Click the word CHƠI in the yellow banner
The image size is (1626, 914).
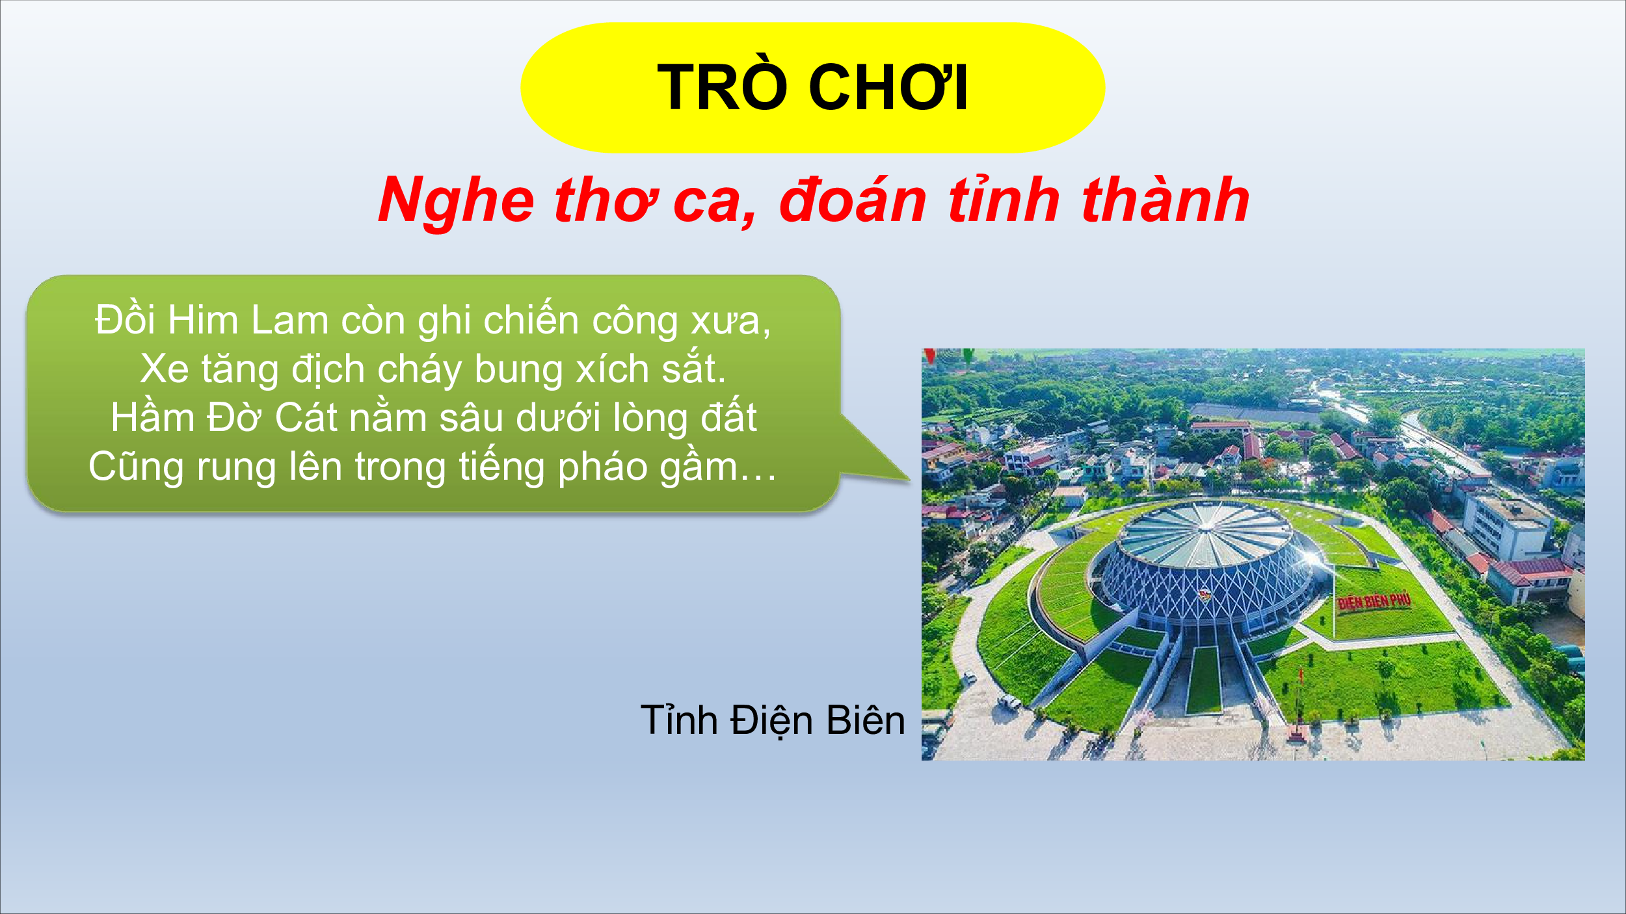888,88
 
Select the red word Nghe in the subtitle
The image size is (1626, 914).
457,202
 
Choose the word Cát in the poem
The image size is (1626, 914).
306,417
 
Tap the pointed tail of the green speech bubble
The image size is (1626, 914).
909,480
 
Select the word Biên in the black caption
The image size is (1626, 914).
866,720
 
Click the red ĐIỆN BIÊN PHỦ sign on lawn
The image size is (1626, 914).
1374,601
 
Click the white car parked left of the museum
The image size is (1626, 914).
1010,701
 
